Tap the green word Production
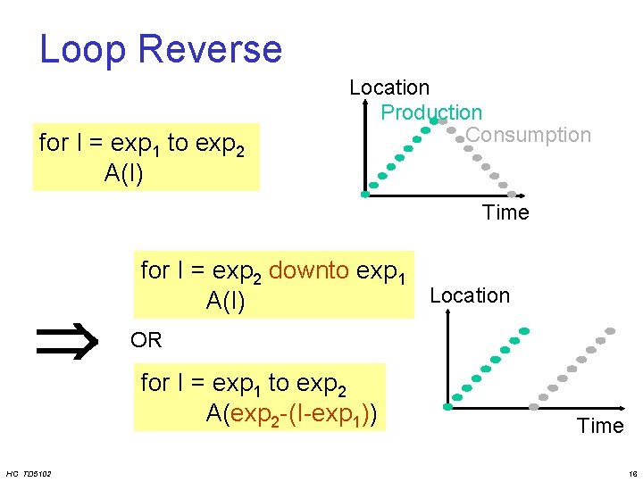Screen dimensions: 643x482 pyautogui.click(x=431, y=112)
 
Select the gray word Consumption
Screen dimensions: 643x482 pyautogui.click(x=529, y=135)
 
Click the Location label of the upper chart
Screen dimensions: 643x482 pyautogui.click(x=389, y=87)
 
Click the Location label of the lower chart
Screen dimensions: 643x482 pyautogui.click(x=470, y=295)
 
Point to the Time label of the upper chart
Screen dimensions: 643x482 pyautogui.click(x=505, y=212)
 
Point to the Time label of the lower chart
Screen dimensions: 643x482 pyautogui.click(x=600, y=426)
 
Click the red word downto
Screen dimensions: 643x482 pyautogui.click(x=308, y=270)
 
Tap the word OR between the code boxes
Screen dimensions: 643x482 pyautogui.click(x=146, y=340)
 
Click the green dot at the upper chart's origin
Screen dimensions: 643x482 pyautogui.click(x=365, y=194)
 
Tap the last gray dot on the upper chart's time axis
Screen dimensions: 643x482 pyautogui.click(x=512, y=194)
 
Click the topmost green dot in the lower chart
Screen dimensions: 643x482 pyautogui.click(x=524, y=331)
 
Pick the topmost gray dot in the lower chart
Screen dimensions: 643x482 pyautogui.click(x=611, y=331)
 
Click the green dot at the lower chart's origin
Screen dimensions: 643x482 pyautogui.click(x=448, y=406)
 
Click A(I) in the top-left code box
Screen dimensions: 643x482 pyautogui.click(x=124, y=172)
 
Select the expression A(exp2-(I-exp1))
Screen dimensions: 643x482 pyautogui.click(x=290, y=413)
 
